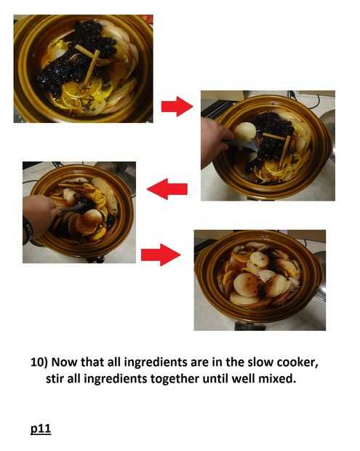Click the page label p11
click(41, 428)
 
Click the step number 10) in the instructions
click(39, 362)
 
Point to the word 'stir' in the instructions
click(55, 379)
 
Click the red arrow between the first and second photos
click(177, 106)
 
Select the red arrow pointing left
click(167, 189)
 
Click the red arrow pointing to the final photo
click(161, 255)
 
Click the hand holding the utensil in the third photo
click(40, 213)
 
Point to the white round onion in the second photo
click(244, 132)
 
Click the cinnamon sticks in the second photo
click(279, 146)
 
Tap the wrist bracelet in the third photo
click(28, 230)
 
